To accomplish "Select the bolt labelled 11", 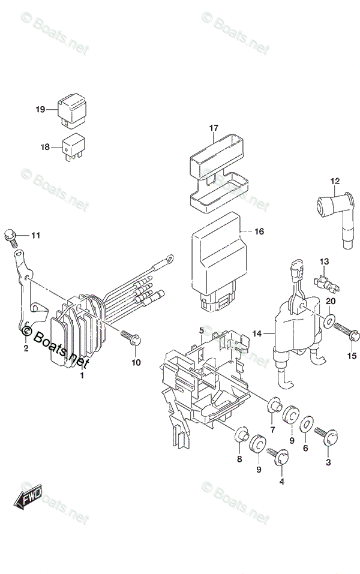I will click(10, 236).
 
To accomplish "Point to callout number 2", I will click(26, 348).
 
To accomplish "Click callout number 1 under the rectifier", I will click(82, 375).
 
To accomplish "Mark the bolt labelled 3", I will click(322, 436).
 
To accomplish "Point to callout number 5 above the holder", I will click(202, 330).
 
